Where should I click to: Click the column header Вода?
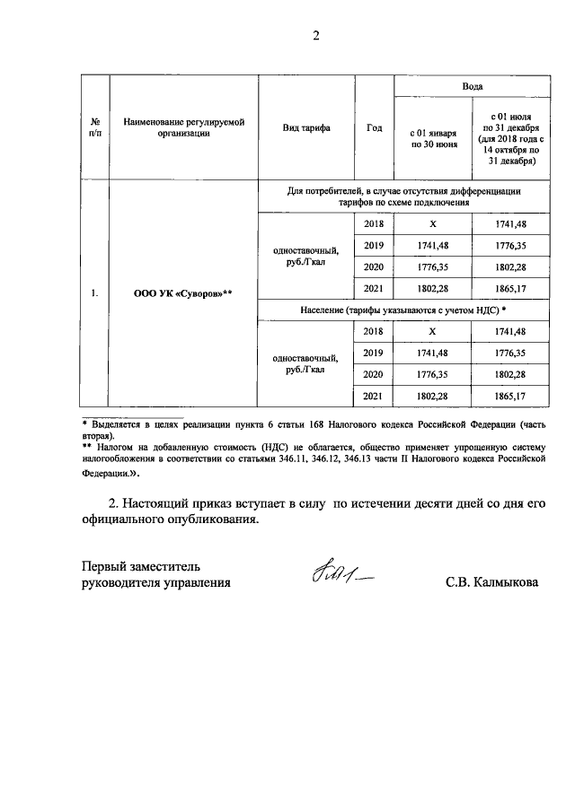(472, 87)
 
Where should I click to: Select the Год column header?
(375, 128)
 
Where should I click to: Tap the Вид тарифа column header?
(306, 128)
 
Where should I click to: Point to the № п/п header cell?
(94, 127)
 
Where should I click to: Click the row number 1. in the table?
(94, 292)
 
